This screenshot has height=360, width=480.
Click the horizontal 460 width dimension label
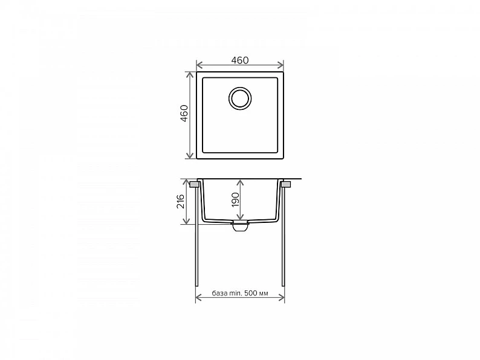point(239,60)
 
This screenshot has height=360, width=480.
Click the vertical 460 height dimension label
point(184,113)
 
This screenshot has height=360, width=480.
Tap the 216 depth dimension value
point(180,201)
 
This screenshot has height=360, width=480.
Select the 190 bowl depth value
point(235,199)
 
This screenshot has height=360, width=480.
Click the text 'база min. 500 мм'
point(240,294)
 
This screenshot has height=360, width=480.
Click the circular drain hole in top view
point(240,98)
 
